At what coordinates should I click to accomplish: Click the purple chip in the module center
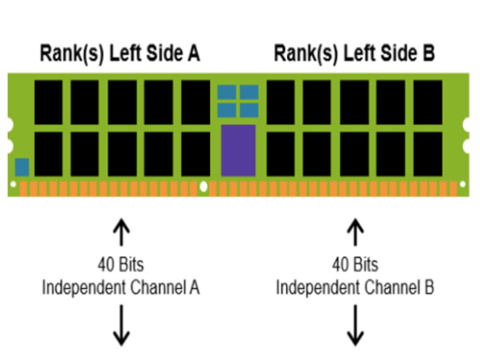click(238, 150)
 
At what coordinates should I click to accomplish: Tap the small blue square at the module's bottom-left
click(22, 167)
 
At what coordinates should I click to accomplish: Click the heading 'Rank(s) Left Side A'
click(119, 53)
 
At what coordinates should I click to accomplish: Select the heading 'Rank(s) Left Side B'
click(354, 53)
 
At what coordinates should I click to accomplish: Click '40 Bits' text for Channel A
click(121, 265)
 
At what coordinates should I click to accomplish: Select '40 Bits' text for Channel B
click(355, 265)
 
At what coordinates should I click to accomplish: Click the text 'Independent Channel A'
click(121, 287)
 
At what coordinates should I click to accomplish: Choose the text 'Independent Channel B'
click(355, 287)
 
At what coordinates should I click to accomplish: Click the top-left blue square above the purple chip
click(226, 92)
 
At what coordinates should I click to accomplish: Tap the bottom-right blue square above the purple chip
click(249, 110)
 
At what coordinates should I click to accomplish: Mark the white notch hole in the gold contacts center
click(203, 187)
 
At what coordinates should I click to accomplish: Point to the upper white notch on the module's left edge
click(8, 125)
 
